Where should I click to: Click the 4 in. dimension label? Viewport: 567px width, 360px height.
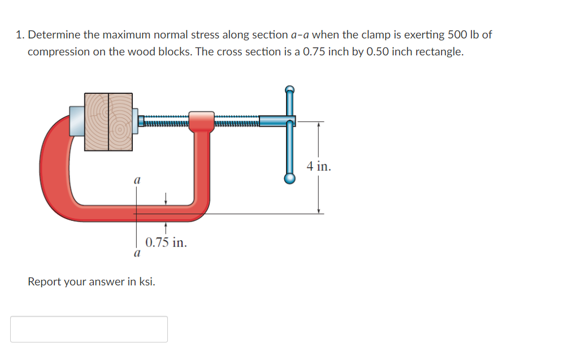click(x=319, y=167)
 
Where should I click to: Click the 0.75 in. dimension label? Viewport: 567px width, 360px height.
click(x=166, y=243)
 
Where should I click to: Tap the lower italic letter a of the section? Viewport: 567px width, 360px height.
click(x=136, y=254)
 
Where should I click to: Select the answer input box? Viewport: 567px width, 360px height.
click(x=89, y=329)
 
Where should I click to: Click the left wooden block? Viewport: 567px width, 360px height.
click(x=97, y=121)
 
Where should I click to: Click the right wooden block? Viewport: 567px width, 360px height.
click(x=120, y=121)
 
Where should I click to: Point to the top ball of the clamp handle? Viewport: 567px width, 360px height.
click(x=289, y=89)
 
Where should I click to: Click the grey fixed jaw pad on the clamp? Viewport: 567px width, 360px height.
click(x=77, y=120)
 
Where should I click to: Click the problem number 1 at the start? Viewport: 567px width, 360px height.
click(x=19, y=34)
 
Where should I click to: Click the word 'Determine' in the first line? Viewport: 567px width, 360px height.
click(x=54, y=34)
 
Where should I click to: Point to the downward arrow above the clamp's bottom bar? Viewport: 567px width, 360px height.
click(x=166, y=198)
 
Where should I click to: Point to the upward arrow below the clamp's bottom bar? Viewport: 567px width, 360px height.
click(x=166, y=228)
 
